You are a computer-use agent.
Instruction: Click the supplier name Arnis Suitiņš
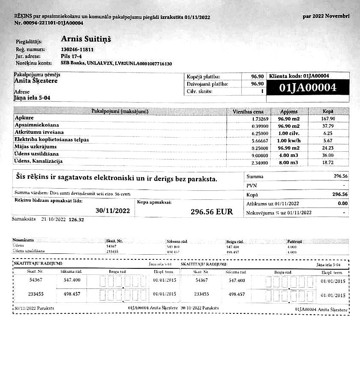86,39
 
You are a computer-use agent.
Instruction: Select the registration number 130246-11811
78,50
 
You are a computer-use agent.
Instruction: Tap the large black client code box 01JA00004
307,88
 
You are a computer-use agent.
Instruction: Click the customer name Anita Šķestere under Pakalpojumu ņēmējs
36,81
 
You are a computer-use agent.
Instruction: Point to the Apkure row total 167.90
327,119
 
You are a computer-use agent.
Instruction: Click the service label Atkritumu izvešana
39,132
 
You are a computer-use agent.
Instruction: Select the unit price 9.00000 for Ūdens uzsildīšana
260,155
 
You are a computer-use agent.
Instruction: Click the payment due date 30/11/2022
112,211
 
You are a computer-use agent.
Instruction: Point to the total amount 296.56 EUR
212,211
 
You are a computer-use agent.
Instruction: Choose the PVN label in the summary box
252,186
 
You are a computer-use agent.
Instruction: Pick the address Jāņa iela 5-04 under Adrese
32,98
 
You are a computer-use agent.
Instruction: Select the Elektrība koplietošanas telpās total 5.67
328,140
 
